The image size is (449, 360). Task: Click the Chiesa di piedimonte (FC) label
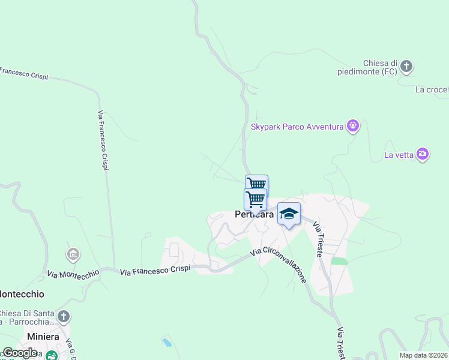pyautogui.click(x=381, y=67)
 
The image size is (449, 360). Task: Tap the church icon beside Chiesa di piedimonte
pyautogui.click(x=406, y=66)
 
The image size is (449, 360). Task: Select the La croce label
pyautogui.click(x=432, y=90)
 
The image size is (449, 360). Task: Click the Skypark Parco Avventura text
pyautogui.click(x=297, y=127)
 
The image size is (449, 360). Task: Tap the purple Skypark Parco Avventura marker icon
pyautogui.click(x=353, y=126)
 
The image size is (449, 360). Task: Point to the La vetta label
pyautogui.click(x=399, y=155)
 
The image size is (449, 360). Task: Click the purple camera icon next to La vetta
pyautogui.click(x=423, y=154)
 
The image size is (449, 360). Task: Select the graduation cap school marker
pyautogui.click(x=289, y=214)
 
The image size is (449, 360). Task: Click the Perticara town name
pyautogui.click(x=254, y=214)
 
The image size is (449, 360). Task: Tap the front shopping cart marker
pyautogui.click(x=256, y=199)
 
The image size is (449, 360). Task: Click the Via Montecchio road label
pyautogui.click(x=73, y=274)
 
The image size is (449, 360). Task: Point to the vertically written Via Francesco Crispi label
pyautogui.click(x=103, y=140)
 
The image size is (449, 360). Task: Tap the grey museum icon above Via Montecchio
pyautogui.click(x=73, y=254)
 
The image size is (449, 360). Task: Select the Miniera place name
pyautogui.click(x=43, y=337)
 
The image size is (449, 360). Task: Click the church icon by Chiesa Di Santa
pyautogui.click(x=64, y=316)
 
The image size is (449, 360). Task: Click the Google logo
pyautogui.click(x=20, y=353)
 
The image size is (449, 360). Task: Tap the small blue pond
pyautogui.click(x=166, y=343)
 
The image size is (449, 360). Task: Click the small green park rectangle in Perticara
pyautogui.click(x=339, y=262)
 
